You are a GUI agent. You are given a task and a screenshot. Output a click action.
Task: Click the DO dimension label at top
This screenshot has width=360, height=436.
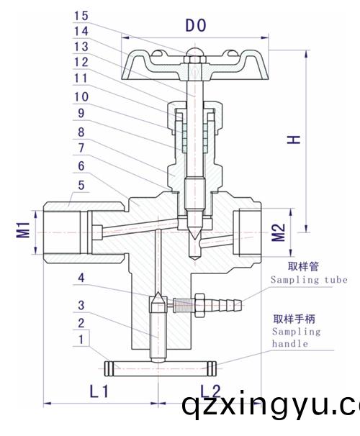pyautogui.click(x=196, y=26)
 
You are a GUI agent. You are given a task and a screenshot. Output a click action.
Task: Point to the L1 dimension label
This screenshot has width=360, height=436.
pyautogui.click(x=98, y=391)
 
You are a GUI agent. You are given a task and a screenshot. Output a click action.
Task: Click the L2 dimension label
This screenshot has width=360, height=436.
pyautogui.click(x=210, y=391)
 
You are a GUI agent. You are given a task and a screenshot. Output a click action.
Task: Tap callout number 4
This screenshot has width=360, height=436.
pyautogui.click(x=84, y=277)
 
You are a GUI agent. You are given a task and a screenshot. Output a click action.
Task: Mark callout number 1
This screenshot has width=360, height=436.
pyautogui.click(x=84, y=338)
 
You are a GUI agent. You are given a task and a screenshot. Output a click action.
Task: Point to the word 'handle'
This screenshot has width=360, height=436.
pyautogui.click(x=289, y=344)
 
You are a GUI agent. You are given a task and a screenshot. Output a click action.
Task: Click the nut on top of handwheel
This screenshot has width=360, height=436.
pyautogui.click(x=192, y=55)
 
